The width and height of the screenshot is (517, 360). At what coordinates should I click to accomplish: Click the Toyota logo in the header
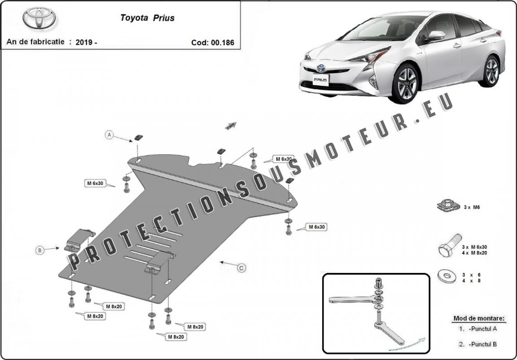coord(39,18)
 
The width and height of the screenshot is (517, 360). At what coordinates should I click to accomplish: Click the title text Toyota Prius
coord(147,18)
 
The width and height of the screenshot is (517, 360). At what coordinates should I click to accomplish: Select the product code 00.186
coord(212,43)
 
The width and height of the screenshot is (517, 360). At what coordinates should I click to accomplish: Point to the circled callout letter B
coord(40,250)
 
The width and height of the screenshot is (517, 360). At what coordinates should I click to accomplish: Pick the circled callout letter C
coord(241,268)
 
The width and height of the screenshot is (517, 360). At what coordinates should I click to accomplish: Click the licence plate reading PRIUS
coord(320,79)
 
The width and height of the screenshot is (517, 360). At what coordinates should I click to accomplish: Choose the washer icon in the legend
coord(447,276)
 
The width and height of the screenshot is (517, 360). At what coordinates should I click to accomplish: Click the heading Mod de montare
coord(479,318)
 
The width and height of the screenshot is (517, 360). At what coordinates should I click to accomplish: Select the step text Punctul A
coord(482,329)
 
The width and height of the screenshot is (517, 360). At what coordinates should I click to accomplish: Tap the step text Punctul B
coord(482,344)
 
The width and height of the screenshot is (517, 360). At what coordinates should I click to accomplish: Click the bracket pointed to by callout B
coord(79,239)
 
